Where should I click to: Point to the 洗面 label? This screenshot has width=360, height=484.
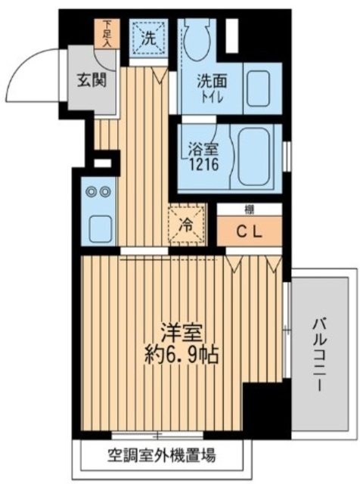(x=213, y=78)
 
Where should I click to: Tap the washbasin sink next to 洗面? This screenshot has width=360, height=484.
(x=262, y=89)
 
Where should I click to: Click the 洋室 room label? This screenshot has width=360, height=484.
(x=182, y=334)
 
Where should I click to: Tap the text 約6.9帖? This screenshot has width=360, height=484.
(x=182, y=355)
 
